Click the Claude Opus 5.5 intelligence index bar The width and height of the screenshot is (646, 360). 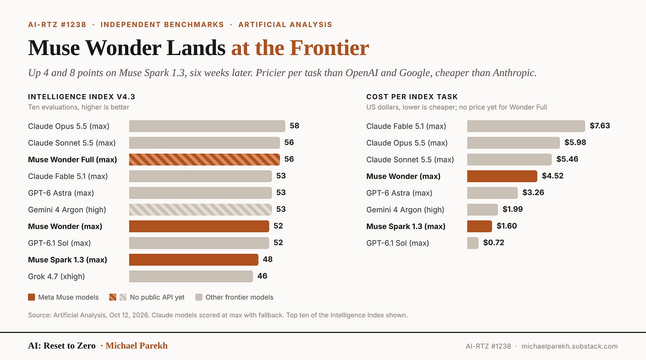click(207, 126)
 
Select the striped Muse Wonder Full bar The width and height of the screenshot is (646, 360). click(205, 159)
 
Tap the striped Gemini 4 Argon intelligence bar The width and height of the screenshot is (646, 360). click(201, 210)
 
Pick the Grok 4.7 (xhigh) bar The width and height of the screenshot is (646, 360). click(191, 277)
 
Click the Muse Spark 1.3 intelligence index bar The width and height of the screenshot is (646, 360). click(193, 260)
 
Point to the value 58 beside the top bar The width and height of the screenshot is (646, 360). click(295, 126)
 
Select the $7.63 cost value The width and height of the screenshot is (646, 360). click(600, 126)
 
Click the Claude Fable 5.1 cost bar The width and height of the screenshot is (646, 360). click(526, 126)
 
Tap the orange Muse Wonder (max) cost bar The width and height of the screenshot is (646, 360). click(502, 176)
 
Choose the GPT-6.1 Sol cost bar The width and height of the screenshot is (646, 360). click(473, 243)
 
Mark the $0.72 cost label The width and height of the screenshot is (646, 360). click(494, 243)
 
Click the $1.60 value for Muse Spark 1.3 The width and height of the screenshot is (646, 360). click(507, 226)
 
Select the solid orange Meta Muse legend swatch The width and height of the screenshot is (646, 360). click(32, 297)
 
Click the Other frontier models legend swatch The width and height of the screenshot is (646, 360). click(199, 297)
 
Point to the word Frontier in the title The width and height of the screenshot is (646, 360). click(329, 48)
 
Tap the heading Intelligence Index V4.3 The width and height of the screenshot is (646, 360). click(82, 97)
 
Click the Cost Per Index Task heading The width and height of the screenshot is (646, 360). click(412, 97)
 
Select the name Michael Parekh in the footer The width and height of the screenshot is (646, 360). click(136, 346)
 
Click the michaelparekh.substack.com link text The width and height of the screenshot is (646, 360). click(570, 346)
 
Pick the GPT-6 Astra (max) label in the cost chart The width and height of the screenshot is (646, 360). click(399, 193)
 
